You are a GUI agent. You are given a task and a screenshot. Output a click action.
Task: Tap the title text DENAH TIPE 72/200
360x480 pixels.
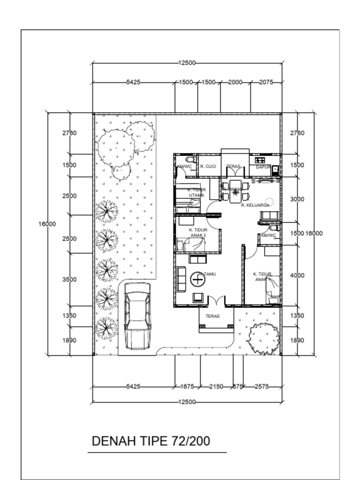(x=151, y=441)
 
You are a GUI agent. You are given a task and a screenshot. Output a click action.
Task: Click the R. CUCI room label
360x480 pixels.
(x=208, y=166)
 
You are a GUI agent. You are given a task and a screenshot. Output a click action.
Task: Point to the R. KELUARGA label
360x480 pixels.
(x=255, y=205)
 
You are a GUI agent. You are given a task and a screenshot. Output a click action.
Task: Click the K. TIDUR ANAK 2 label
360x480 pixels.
(x=198, y=232)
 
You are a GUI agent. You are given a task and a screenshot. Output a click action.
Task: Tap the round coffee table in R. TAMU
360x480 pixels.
(x=198, y=280)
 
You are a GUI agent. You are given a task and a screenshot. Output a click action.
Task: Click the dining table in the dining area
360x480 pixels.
(x=235, y=191)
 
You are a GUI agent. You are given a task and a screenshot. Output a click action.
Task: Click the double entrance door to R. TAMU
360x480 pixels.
(x=216, y=303)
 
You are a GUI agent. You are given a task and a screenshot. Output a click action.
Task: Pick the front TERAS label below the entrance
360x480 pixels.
(x=212, y=316)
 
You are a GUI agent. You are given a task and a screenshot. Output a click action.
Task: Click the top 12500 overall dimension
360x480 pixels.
(x=187, y=63)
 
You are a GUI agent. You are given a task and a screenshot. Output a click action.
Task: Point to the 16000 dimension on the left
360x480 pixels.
(x=47, y=224)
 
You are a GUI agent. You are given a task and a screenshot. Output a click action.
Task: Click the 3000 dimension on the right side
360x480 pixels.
(x=297, y=199)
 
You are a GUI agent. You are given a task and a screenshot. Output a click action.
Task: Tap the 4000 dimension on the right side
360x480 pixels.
(x=297, y=276)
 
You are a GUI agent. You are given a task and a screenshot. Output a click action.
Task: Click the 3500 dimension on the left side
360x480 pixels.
(x=69, y=279)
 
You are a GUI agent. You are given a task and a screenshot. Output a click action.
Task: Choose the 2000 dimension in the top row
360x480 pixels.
(x=235, y=82)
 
